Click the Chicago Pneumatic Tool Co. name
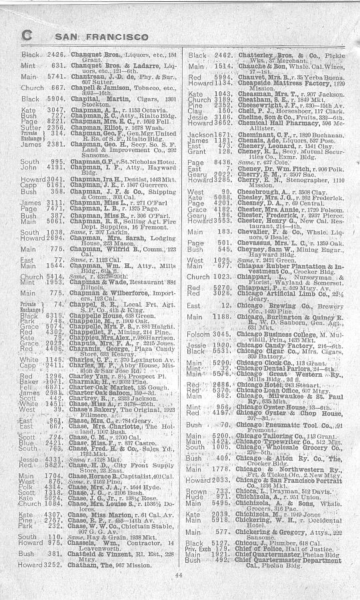[277, 424]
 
